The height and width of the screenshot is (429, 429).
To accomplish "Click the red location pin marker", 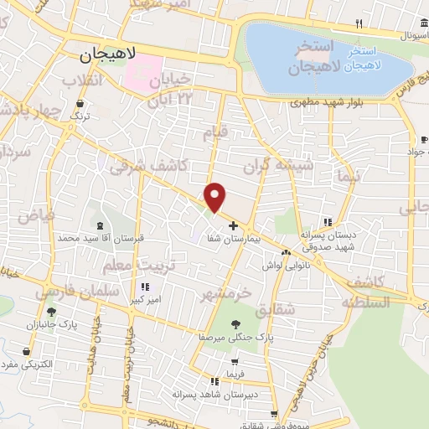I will [216, 196].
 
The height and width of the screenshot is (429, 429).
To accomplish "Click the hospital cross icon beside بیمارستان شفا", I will [233, 225].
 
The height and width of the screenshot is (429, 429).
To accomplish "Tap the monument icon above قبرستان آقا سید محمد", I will [101, 225].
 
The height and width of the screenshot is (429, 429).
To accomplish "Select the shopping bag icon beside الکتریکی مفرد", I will [31, 352].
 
